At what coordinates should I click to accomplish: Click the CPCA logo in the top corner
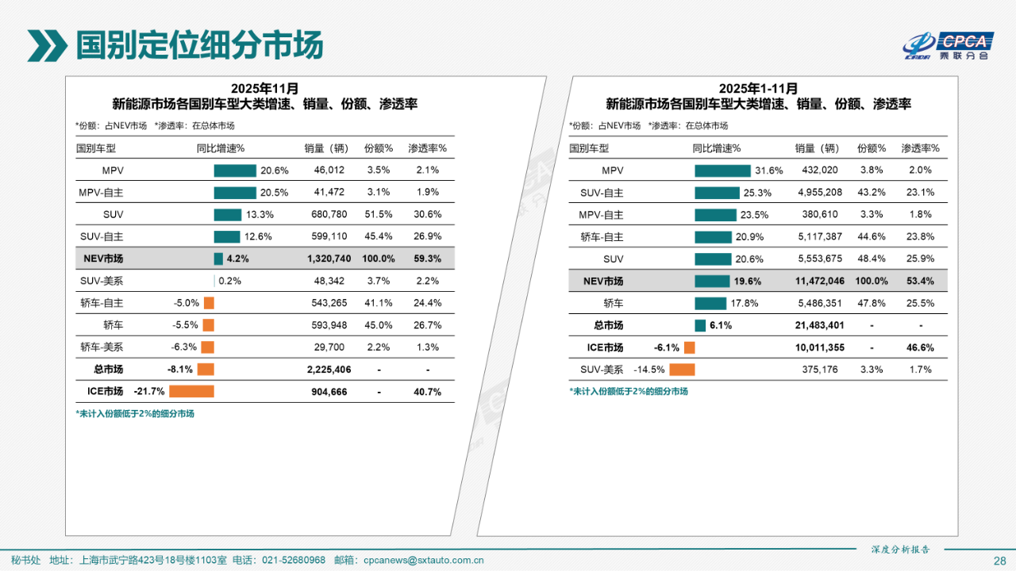[x=948, y=46]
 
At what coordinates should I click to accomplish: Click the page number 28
[x=999, y=561]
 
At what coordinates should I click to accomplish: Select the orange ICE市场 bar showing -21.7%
[x=191, y=391]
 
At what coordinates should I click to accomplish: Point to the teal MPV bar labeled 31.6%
[x=722, y=171]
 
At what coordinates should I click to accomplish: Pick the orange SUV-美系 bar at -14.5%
[x=682, y=370]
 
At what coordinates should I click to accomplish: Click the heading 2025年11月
[x=265, y=88]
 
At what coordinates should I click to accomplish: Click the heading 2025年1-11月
[x=758, y=88]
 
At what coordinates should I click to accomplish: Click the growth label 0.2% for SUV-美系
[x=230, y=281]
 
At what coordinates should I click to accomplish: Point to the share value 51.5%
[x=379, y=214]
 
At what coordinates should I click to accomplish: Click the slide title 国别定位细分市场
[x=199, y=45]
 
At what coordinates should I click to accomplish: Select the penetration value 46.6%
[x=920, y=347]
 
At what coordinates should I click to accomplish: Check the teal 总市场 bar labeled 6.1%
[x=700, y=325]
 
